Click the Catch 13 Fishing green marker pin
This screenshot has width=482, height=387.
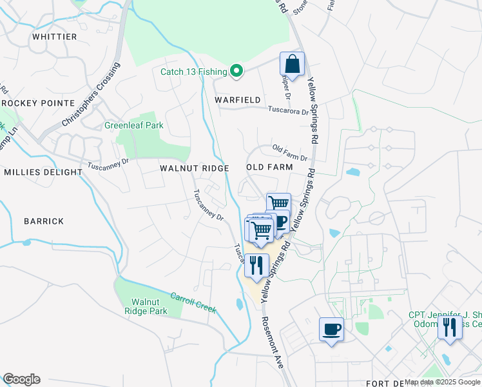[236, 71]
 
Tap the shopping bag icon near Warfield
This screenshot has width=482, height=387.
[292, 64]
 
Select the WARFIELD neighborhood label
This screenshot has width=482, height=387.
[238, 100]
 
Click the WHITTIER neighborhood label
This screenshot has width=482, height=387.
[55, 37]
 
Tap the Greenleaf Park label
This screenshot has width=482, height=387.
[134, 125]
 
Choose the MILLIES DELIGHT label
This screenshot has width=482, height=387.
[43, 172]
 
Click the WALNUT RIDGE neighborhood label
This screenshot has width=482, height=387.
[195, 168]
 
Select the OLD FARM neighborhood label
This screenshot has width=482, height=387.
[269, 167]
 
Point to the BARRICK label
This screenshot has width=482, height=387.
[44, 221]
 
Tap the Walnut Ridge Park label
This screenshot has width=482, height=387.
[149, 306]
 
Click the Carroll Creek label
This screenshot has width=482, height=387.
[193, 303]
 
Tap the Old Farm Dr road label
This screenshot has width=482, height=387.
[290, 153]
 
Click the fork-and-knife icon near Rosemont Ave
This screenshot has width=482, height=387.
[256, 265]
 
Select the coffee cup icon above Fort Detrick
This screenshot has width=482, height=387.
[332, 330]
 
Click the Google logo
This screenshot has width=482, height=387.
[21, 379]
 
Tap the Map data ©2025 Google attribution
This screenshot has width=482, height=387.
[442, 382]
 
